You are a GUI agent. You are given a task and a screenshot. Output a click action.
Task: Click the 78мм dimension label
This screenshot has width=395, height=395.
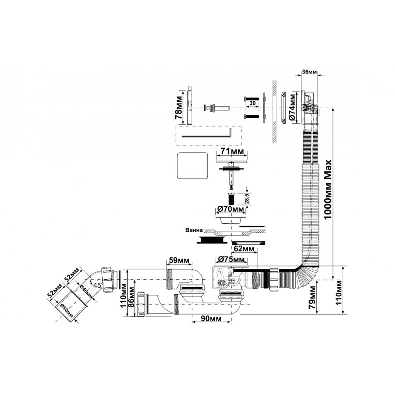pos(179,107)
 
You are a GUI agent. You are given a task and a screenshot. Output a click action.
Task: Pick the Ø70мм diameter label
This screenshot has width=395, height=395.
pos(231,209)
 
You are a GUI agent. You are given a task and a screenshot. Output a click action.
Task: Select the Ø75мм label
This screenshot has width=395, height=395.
pos(231,259)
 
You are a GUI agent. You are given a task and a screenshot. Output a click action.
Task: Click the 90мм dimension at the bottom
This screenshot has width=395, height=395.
pos(211,318)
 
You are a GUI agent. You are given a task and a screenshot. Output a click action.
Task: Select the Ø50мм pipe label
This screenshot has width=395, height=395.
pos(66,310)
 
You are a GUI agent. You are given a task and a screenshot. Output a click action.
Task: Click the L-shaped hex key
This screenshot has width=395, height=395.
pos(207,135)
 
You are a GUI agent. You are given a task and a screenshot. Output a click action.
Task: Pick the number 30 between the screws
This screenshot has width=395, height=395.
pos(252,103)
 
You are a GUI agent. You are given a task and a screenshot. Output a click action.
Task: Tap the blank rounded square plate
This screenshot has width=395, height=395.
pos(192,166)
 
